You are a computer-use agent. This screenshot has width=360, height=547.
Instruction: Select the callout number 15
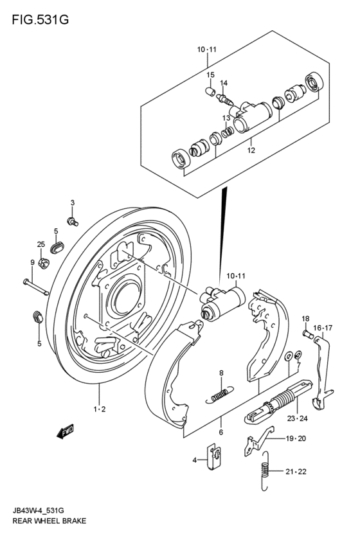coord(210,75)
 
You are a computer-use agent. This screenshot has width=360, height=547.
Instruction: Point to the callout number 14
coord(224,83)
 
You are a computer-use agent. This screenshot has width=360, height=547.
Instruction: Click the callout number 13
coord(226,118)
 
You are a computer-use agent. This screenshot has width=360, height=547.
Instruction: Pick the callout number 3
coord(73,202)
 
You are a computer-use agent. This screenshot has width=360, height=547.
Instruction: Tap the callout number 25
coord(40,244)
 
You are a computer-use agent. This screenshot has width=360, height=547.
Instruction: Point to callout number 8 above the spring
coord(221,373)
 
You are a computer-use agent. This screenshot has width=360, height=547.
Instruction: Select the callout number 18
coord(306,319)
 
